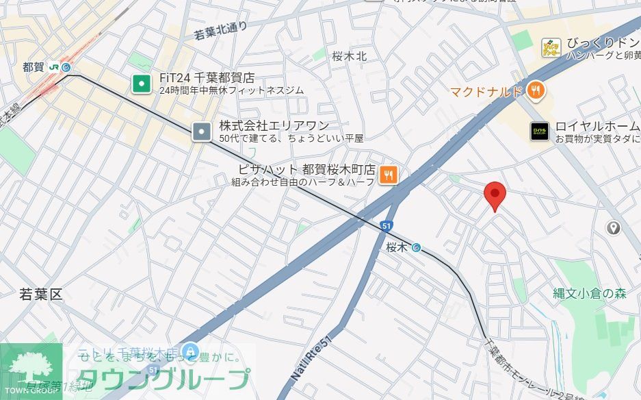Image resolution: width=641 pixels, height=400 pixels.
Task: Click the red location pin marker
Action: [x=495, y=196]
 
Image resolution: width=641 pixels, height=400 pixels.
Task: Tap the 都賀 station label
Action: [x=33, y=67]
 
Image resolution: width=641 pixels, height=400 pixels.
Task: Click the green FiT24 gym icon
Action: [x=142, y=84]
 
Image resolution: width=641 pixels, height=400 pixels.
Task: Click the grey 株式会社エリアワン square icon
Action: [x=202, y=131]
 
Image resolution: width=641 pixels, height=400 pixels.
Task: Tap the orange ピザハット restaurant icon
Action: [x=389, y=175]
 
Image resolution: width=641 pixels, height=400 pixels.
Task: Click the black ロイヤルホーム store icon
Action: [x=540, y=131]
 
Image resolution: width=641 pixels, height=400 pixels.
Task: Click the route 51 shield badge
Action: [x=387, y=225]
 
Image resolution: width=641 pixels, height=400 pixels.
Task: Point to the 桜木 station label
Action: [x=397, y=247]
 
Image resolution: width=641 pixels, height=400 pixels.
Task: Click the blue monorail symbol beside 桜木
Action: [x=416, y=248]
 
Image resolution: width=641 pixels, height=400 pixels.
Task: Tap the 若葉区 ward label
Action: [x=41, y=295]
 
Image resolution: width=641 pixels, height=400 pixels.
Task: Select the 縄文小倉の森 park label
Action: [x=590, y=294]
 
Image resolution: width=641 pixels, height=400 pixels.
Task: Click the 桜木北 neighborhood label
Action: [x=350, y=56]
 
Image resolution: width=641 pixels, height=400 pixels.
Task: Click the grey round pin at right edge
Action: [x=613, y=228]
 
